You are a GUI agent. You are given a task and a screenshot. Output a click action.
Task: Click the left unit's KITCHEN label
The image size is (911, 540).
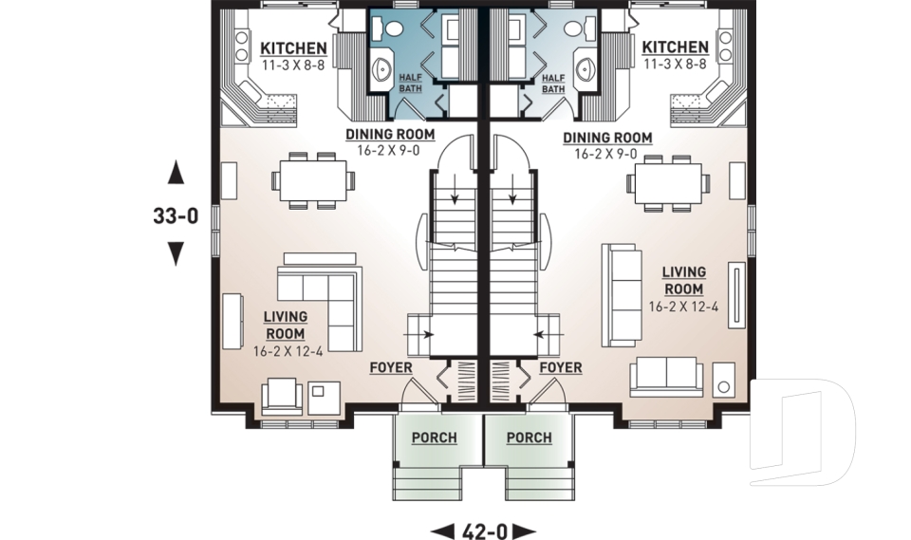coord(294,48)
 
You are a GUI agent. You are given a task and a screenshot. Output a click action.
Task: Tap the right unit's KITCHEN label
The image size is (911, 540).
coord(674,48)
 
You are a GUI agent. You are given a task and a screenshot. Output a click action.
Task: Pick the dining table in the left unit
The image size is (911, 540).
coord(311,179)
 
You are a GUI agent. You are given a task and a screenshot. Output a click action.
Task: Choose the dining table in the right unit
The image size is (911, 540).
coord(668,179)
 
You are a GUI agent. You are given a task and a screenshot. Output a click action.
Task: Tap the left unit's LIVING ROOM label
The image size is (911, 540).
coord(285,325)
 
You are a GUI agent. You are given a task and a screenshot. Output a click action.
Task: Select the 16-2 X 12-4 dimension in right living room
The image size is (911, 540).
coord(683,307)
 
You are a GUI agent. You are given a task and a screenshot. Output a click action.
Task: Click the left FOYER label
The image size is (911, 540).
coord(391,367)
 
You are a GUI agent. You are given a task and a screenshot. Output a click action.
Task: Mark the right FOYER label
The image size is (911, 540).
coord(560,367)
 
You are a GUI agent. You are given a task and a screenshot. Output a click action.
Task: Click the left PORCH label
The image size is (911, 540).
coord(434,438)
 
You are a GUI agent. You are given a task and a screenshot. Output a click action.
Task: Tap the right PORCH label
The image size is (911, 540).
coord(529,438)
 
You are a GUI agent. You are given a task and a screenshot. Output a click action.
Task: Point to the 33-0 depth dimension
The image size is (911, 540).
coord(175,215)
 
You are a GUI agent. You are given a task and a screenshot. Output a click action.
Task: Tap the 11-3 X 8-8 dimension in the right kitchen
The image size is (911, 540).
coord(674,65)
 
